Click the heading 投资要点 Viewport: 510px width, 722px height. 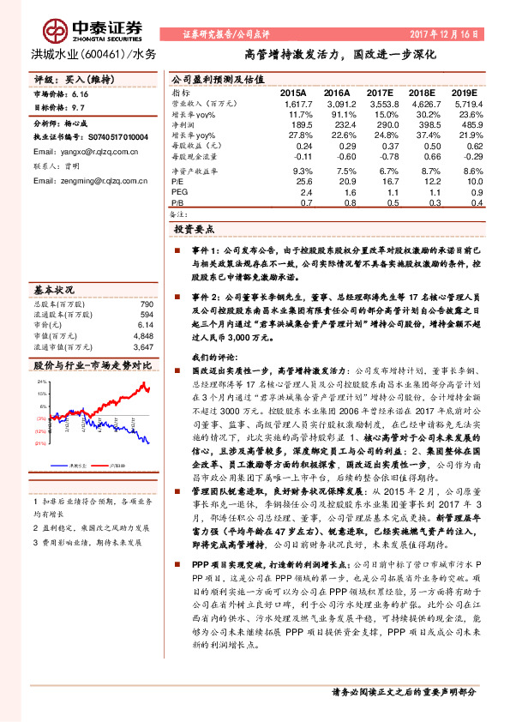point(194,230)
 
